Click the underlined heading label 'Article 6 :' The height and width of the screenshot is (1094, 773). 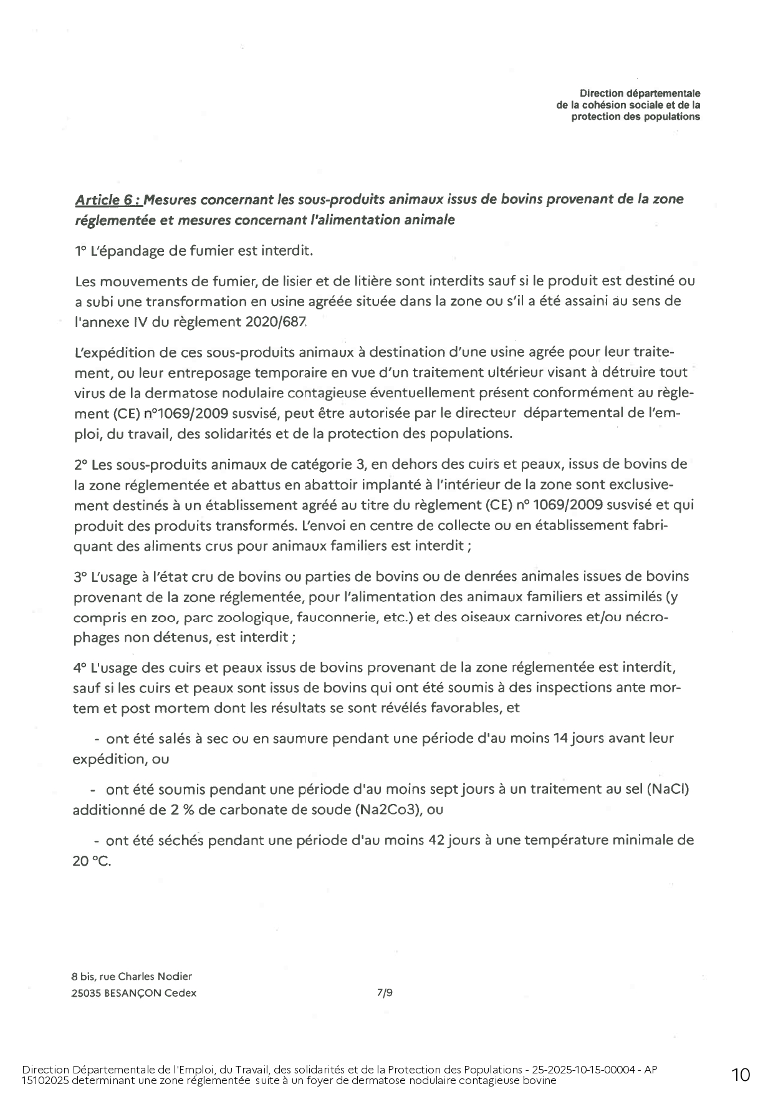coord(108,200)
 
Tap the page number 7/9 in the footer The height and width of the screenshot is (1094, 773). coord(385,993)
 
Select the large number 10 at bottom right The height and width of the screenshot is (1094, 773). coord(741,1075)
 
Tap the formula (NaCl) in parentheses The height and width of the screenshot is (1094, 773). coord(668,790)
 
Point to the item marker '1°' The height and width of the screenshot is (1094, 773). coord(80,251)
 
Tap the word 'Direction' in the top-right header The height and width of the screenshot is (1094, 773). coord(599,94)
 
